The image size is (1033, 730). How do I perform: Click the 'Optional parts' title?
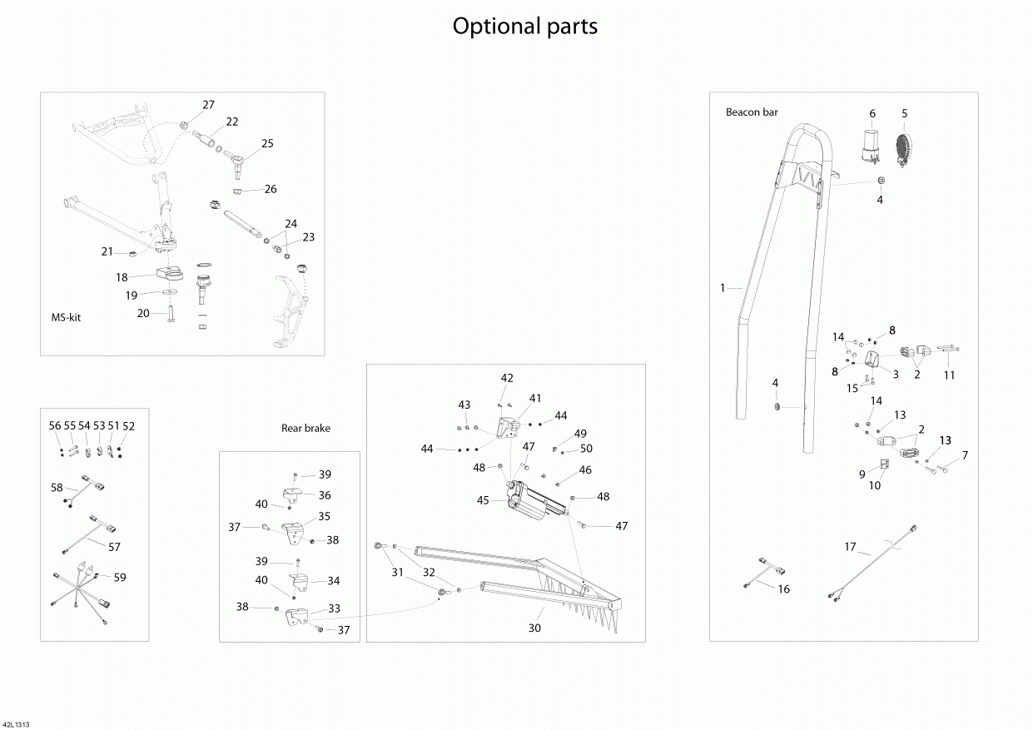click(x=524, y=27)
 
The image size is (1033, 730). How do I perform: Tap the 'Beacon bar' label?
click(x=752, y=112)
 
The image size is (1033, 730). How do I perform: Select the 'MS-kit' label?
click(x=66, y=317)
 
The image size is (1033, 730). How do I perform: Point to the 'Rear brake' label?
click(x=305, y=428)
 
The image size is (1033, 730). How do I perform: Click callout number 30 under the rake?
click(x=534, y=628)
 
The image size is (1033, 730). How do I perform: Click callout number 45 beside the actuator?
click(x=483, y=500)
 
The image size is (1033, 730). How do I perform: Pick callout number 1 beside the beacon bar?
click(x=723, y=288)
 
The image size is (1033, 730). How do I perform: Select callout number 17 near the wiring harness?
click(x=850, y=547)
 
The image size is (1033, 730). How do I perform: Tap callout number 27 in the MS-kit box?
click(x=208, y=105)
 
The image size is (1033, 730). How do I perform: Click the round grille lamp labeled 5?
click(x=904, y=151)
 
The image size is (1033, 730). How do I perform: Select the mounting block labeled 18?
click(x=169, y=274)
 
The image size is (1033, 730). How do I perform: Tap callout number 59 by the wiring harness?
click(x=120, y=578)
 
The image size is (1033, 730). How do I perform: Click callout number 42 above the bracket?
click(x=507, y=378)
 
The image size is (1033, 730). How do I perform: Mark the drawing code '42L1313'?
click(x=15, y=725)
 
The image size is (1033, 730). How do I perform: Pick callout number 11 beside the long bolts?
click(x=949, y=375)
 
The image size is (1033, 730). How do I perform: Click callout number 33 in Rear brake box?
click(x=334, y=608)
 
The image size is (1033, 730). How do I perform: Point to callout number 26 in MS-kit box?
click(x=271, y=189)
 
